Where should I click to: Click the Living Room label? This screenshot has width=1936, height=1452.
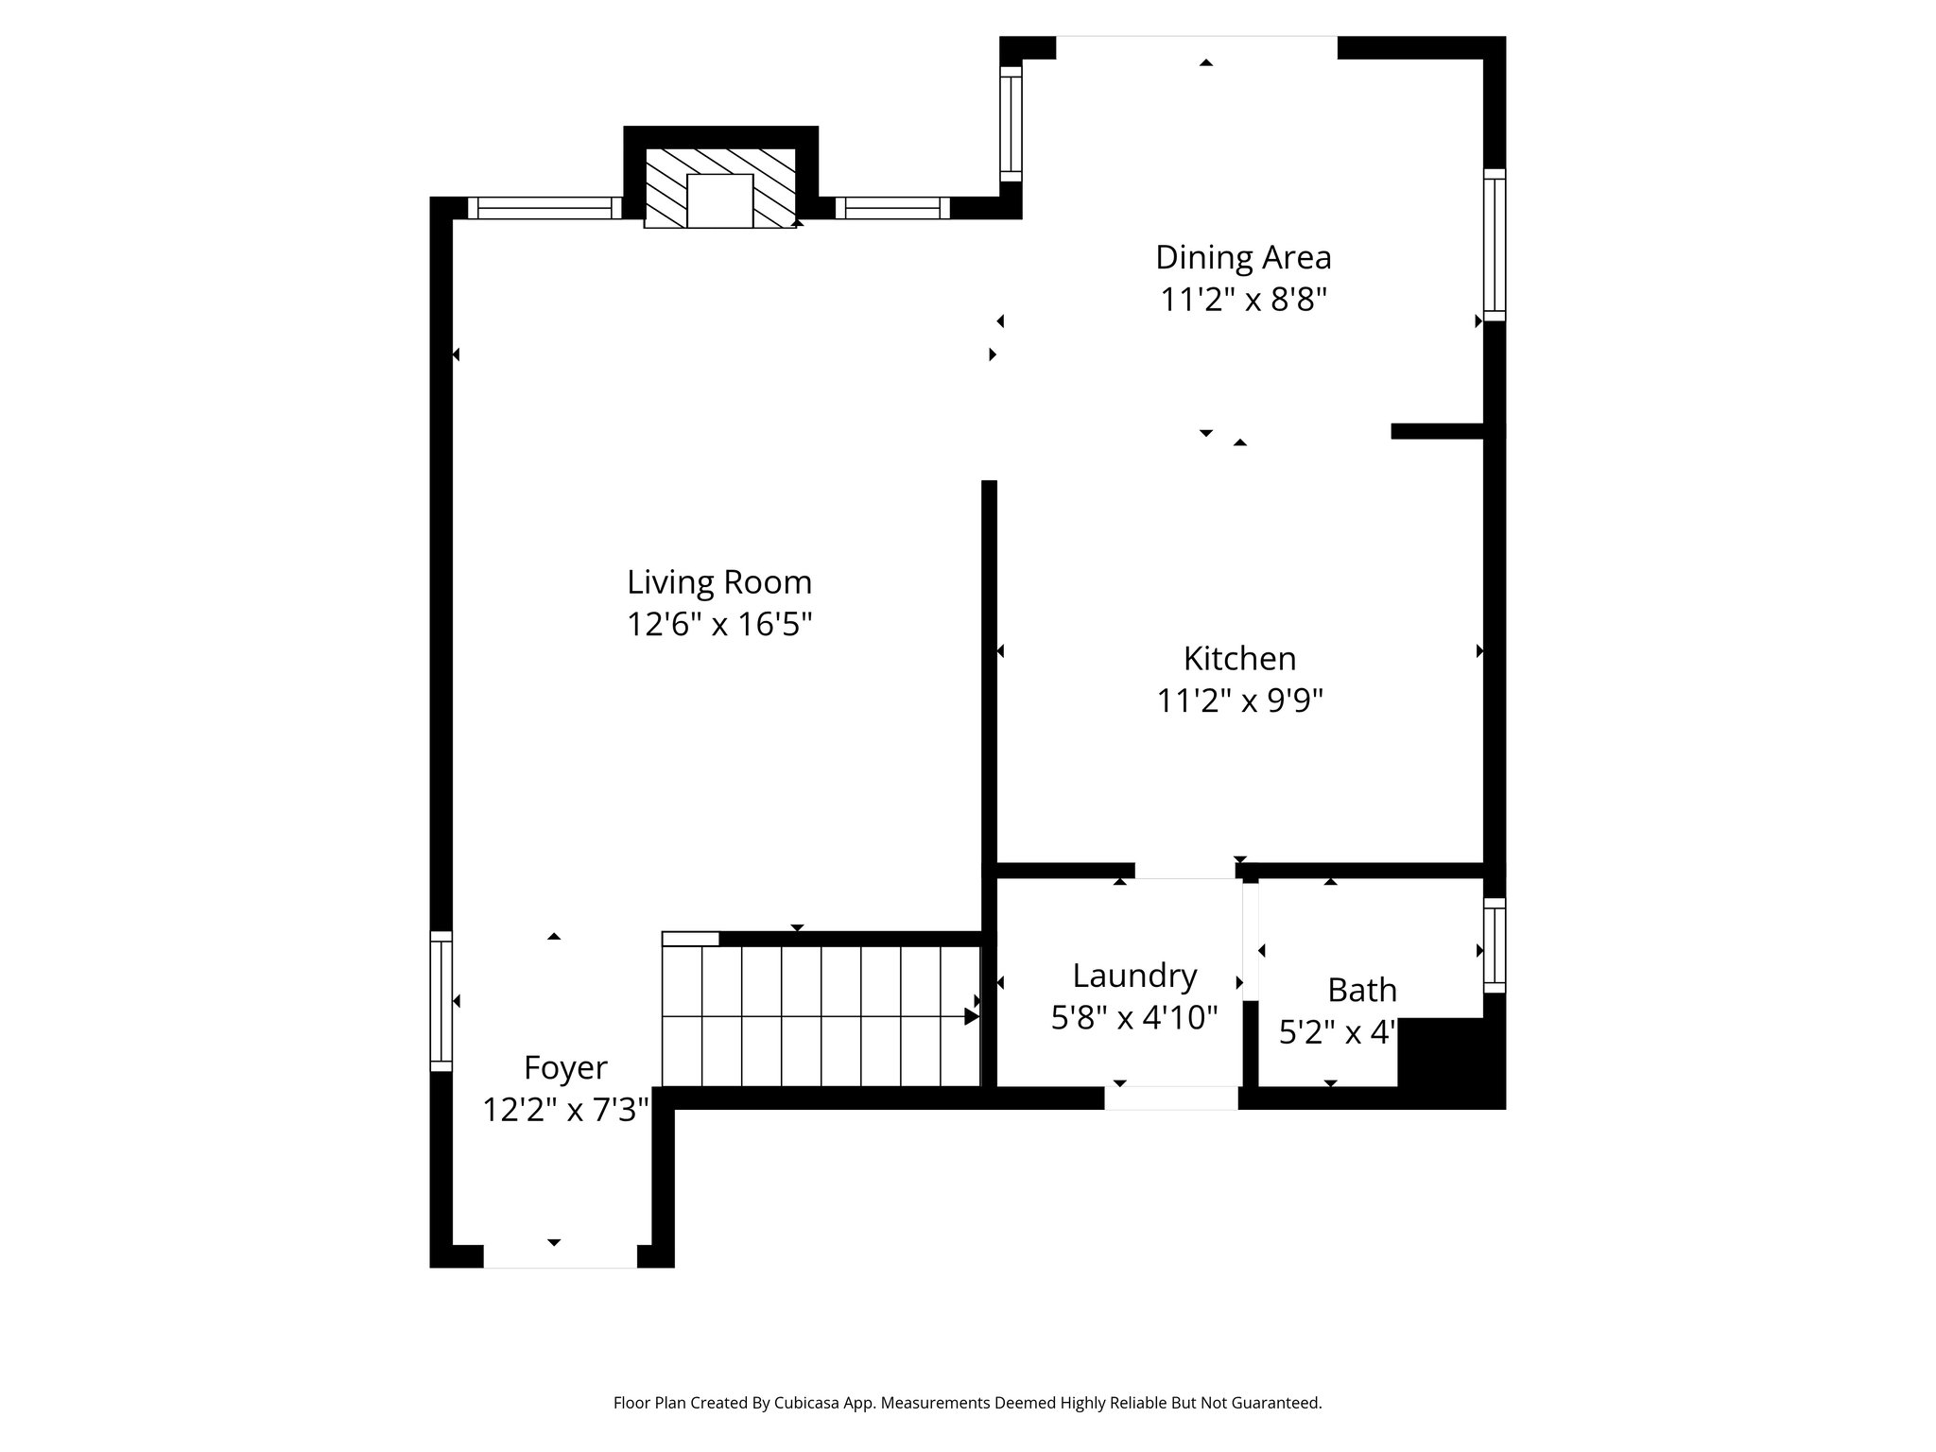point(719,582)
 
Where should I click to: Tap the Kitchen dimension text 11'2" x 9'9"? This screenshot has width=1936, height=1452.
point(1239,701)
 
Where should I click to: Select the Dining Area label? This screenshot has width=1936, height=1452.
point(1242,257)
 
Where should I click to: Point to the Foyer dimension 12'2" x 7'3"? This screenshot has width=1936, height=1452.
point(565,1110)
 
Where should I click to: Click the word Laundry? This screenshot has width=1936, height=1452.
point(1134,975)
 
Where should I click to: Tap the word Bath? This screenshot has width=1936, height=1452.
point(1361,990)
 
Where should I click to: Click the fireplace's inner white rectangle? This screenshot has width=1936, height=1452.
point(719,200)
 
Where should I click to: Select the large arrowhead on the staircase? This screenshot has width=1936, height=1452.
point(971,1016)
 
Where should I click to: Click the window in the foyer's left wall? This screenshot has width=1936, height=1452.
point(441,1001)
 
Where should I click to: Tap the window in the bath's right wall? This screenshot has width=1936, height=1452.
point(1494,944)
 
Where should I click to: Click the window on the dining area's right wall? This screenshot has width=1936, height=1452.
point(1494,245)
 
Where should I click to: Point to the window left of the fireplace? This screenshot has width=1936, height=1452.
point(544,208)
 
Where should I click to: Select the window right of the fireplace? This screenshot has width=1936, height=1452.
point(891,208)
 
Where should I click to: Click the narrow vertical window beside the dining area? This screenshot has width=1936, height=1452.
point(1011,123)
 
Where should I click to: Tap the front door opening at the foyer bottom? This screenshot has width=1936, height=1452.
point(560,1256)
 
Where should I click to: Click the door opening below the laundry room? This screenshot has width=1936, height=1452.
point(1170,1098)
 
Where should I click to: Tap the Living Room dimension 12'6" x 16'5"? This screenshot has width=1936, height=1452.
point(719,625)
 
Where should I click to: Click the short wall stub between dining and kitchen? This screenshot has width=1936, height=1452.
point(1437,431)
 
